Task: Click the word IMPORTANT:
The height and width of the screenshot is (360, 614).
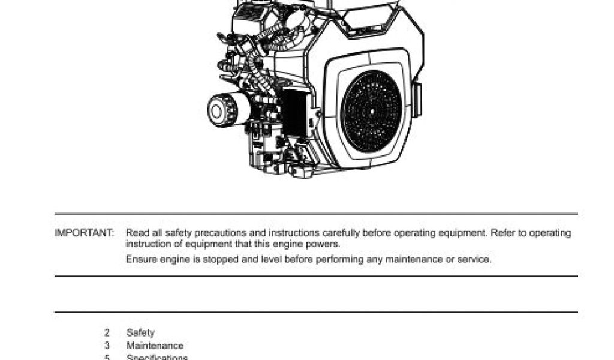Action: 84,233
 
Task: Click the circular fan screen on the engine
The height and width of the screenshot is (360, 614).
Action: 371,112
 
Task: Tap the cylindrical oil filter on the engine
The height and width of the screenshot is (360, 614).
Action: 223,110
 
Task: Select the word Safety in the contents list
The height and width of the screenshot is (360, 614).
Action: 140,332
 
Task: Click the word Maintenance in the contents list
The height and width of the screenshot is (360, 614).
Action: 155,346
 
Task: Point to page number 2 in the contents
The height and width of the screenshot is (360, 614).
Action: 107,332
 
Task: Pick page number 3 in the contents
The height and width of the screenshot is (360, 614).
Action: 107,346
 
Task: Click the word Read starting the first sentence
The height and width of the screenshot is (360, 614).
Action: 136,233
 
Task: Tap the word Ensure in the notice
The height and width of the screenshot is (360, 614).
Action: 140,260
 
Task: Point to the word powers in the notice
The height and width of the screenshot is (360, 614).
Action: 326,244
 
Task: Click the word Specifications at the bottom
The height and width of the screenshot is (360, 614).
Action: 156,358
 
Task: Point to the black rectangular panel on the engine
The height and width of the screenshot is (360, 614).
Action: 294,112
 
